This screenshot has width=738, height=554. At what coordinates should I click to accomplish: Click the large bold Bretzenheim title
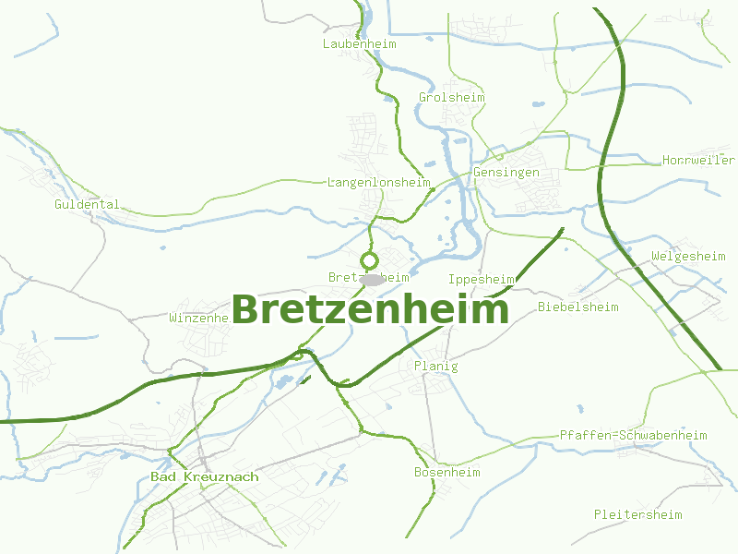(369, 310)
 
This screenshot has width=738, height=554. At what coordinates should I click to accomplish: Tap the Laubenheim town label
(360, 43)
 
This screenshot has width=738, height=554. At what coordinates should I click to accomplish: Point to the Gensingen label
(506, 173)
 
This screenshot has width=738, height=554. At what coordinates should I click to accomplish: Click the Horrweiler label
(698, 160)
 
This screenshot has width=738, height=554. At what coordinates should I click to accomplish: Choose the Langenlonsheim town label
(379, 182)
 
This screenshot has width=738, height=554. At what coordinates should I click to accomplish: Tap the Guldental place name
(87, 204)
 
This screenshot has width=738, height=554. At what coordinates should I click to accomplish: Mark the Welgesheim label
(688, 256)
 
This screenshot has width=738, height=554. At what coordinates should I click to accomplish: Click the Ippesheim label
(481, 279)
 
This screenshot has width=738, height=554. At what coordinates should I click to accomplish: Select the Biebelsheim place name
(577, 307)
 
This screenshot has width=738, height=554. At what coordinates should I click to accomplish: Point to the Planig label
(435, 366)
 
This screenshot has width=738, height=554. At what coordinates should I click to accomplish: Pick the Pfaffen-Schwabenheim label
(633, 435)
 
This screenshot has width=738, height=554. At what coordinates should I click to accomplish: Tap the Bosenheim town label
(446, 472)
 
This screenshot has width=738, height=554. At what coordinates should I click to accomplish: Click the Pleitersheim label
(637, 514)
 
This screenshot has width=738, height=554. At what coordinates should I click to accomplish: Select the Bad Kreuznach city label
(204, 476)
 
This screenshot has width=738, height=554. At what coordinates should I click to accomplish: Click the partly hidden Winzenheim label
(198, 318)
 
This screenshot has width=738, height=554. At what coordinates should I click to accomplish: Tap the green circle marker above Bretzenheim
(370, 260)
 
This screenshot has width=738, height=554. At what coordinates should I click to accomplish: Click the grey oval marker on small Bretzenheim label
(371, 278)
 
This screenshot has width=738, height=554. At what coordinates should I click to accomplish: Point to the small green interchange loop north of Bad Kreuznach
(298, 355)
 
